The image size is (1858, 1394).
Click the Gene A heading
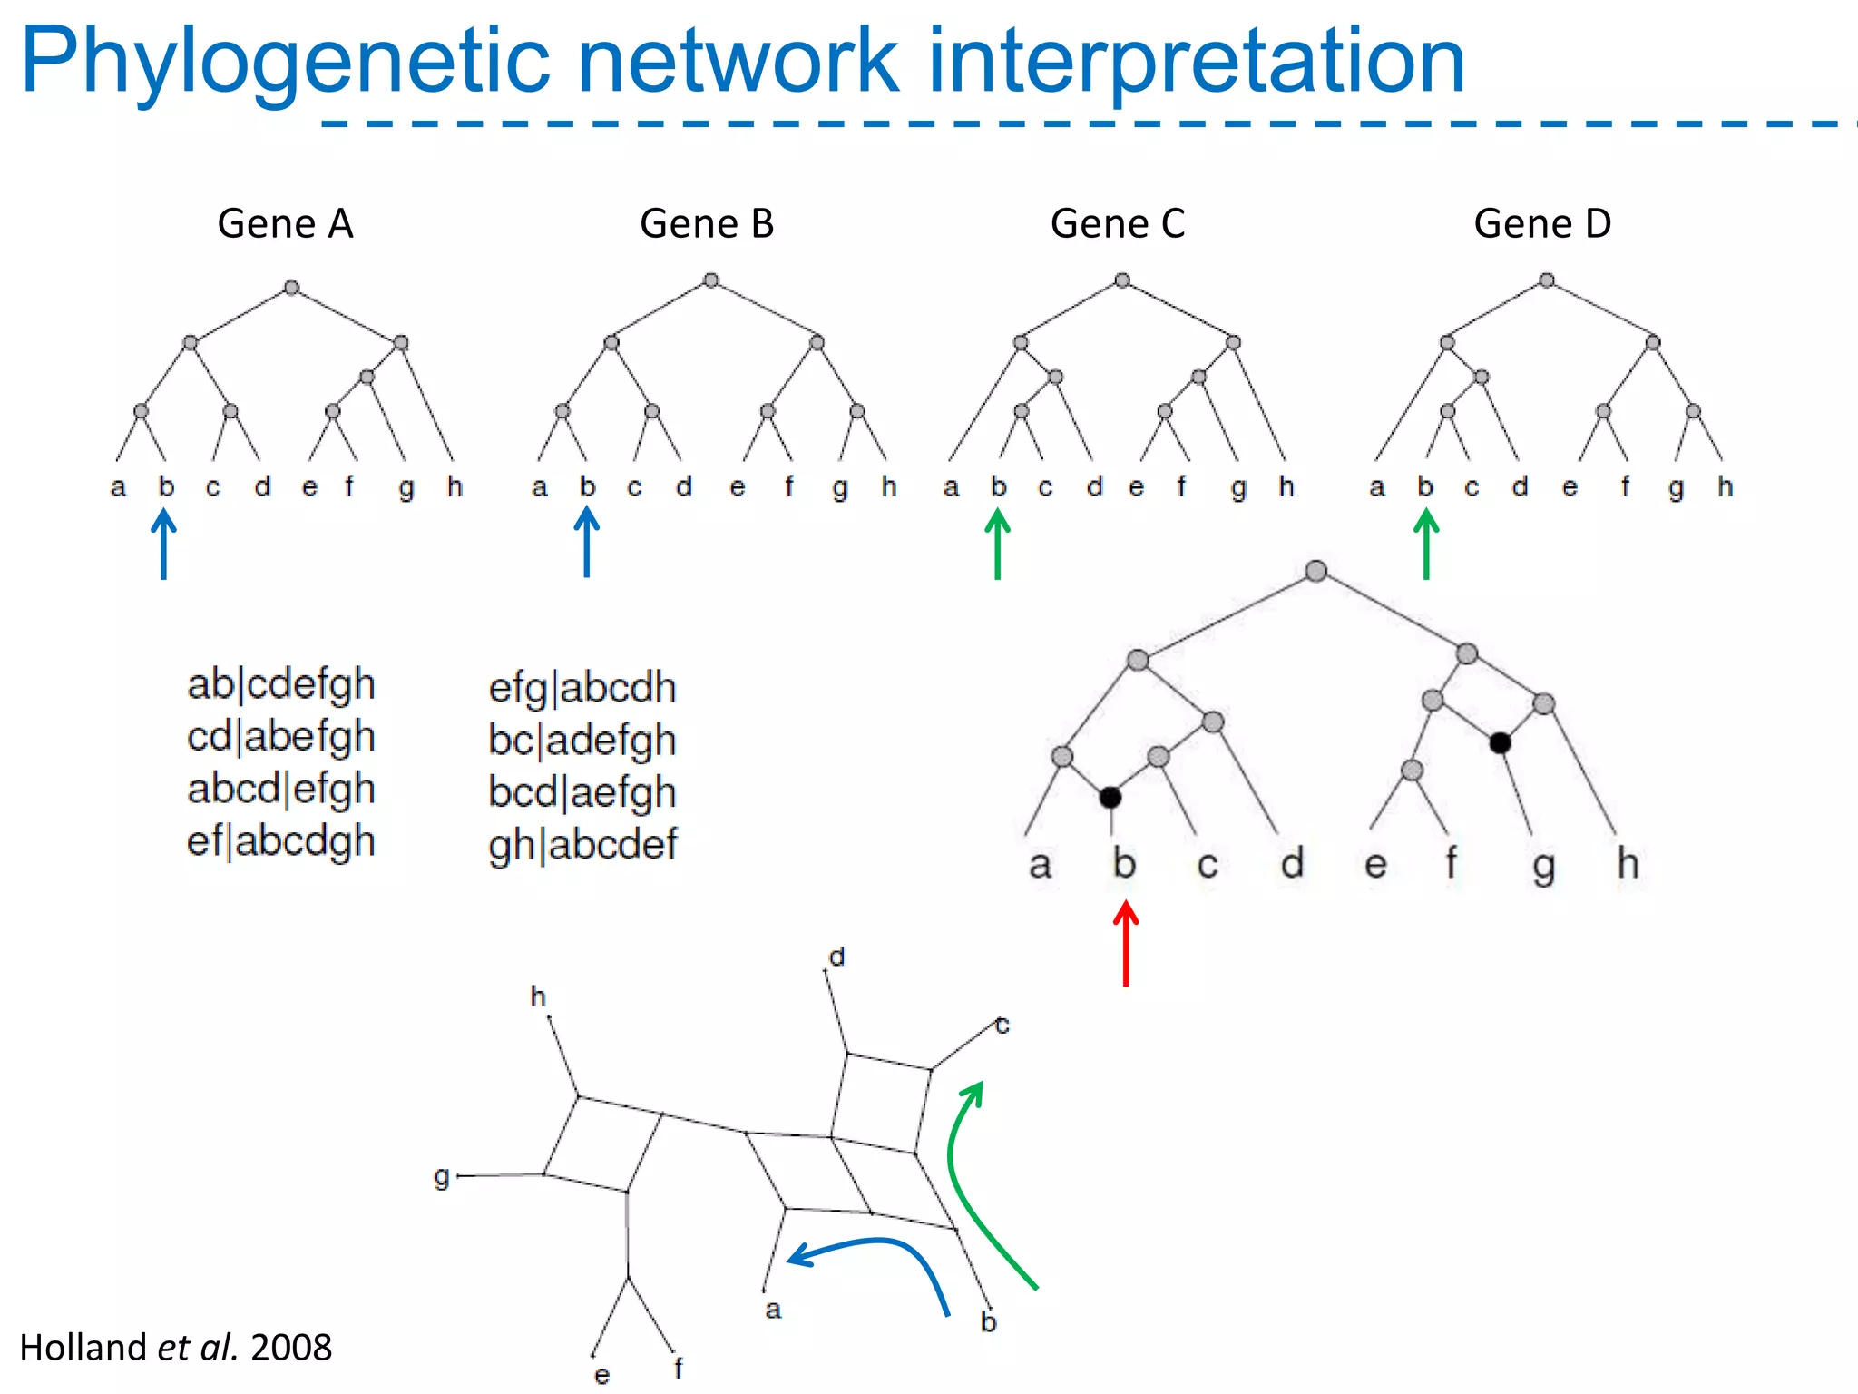click(285, 223)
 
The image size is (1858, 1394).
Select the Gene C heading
click(1117, 223)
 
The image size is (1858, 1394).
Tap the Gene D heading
click(1542, 223)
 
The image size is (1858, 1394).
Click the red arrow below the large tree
click(1126, 944)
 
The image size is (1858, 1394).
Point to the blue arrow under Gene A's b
click(163, 545)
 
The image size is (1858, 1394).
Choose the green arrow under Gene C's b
click(997, 545)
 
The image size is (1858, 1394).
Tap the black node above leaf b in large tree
click(1110, 798)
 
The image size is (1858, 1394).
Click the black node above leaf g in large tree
click(1500, 743)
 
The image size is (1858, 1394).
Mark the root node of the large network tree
click(1316, 571)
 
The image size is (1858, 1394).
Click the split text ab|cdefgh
click(281, 684)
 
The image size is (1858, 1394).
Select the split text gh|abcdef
click(582, 845)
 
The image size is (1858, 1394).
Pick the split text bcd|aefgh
click(582, 792)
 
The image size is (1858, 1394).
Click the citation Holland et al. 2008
click(176, 1348)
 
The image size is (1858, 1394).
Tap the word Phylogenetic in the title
click(286, 62)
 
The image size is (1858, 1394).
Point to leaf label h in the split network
click(538, 997)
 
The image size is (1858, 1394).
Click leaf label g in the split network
click(442, 1177)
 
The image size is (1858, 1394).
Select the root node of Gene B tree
click(711, 280)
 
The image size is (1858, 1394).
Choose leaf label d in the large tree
click(1292, 863)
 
